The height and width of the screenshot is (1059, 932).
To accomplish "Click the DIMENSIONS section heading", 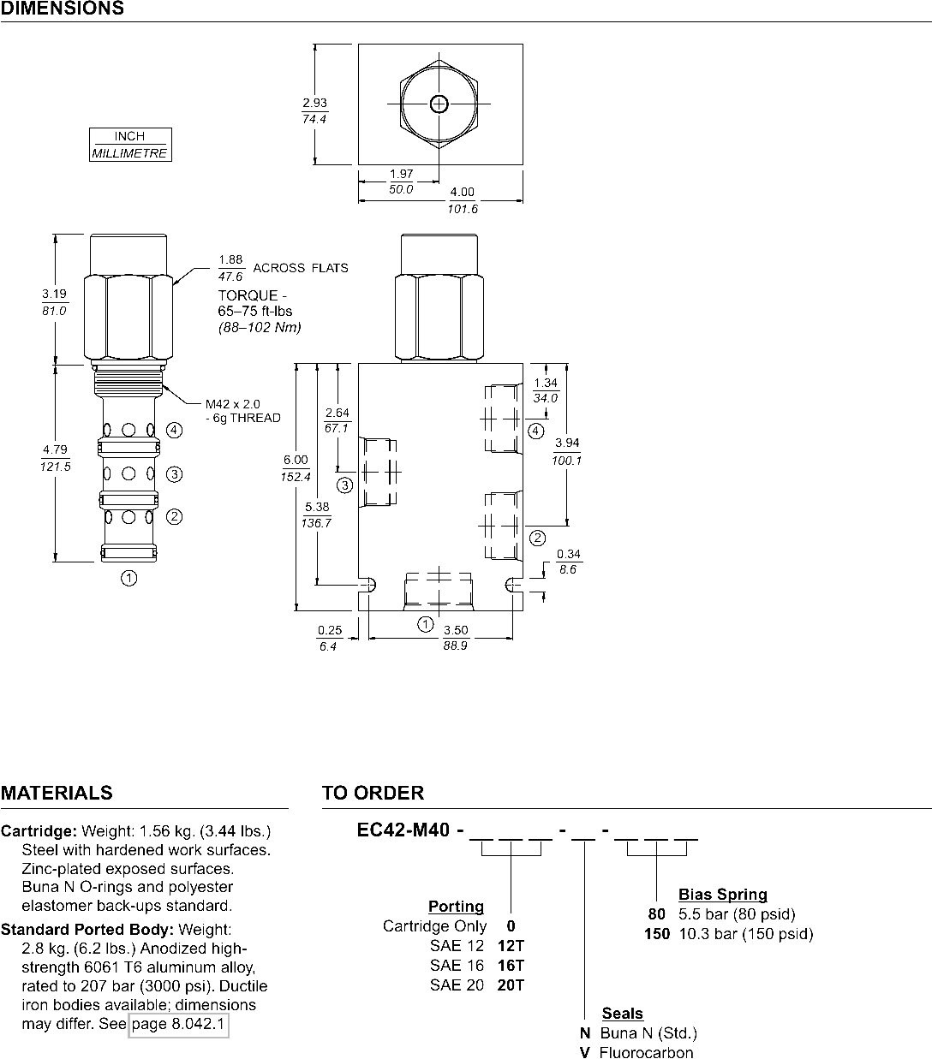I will tap(63, 9).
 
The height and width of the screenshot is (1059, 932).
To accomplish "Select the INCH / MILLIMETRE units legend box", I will tap(130, 145).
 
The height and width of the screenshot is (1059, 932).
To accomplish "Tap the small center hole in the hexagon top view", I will tap(439, 104).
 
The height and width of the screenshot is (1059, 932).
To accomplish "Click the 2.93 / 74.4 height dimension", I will tap(314, 111).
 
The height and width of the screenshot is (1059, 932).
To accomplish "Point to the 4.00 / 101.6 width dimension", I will tap(462, 200).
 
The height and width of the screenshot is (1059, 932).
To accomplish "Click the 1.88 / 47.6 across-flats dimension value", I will tap(231, 268).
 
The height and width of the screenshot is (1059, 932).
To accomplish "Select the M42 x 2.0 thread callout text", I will tap(232, 403).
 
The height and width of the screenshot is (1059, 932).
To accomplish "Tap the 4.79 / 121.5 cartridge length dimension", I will tap(56, 458).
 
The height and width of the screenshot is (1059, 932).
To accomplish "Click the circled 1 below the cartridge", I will tap(128, 579).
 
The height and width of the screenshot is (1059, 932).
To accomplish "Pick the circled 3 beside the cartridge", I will tap(174, 473).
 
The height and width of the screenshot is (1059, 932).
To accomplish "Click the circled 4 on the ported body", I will tap(535, 431).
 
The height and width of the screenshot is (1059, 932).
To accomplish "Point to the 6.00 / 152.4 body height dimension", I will tap(295, 468).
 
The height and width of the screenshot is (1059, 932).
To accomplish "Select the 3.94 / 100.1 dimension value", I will tap(567, 451).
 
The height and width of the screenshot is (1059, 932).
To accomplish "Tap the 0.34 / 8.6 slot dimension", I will tap(568, 562).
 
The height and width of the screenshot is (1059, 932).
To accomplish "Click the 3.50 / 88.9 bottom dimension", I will tap(455, 638).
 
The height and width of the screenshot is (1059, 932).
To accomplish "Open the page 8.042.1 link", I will tap(179, 1024).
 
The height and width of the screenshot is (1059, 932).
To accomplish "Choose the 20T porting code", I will tap(511, 985).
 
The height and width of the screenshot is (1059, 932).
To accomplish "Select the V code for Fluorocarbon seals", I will tap(584, 1052).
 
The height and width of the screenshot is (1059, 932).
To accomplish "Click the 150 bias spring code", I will tap(657, 934).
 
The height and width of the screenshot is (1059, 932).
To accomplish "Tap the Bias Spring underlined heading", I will tap(722, 895).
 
